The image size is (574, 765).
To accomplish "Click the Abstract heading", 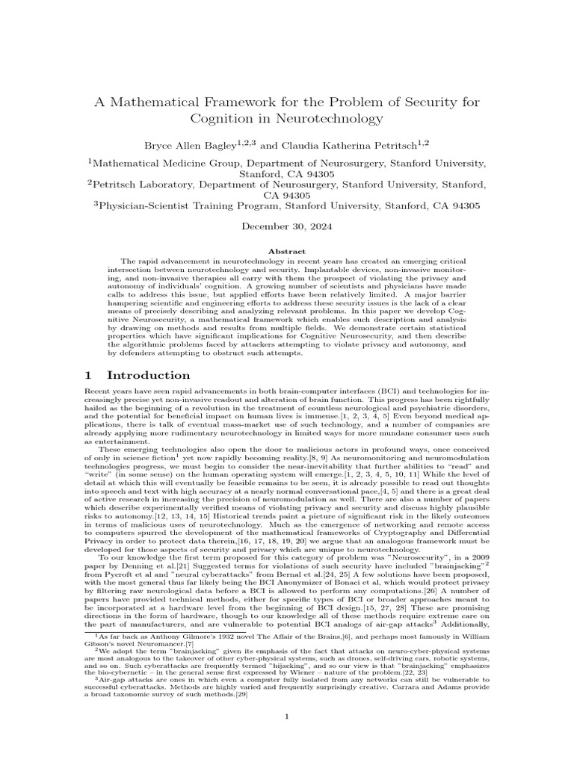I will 286,253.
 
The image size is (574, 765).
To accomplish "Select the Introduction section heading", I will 148,375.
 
